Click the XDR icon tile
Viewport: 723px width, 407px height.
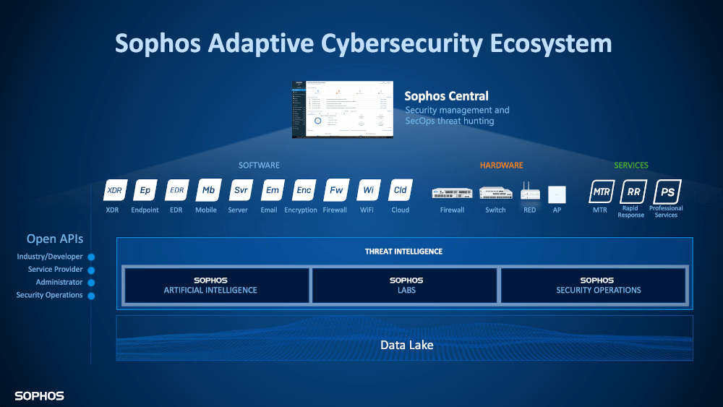tap(114, 191)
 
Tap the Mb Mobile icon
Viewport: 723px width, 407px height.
tap(208, 191)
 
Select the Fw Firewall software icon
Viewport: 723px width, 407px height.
tap(336, 191)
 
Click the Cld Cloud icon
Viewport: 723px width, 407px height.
tap(400, 191)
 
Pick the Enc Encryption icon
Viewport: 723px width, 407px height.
tap(304, 191)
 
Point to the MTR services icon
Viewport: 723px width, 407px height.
tap(602, 192)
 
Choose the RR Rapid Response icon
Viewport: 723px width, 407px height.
tap(633, 192)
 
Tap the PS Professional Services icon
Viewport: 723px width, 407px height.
tap(666, 192)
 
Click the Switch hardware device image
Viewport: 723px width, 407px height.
tap(495, 194)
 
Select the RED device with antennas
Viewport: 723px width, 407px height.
tap(530, 192)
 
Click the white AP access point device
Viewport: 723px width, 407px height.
tap(557, 194)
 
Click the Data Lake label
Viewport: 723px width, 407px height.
tap(407, 346)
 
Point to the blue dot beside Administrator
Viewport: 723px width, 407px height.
tap(91, 283)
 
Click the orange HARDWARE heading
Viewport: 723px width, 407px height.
tap(501, 166)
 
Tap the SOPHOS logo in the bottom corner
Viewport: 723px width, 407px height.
tap(39, 396)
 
